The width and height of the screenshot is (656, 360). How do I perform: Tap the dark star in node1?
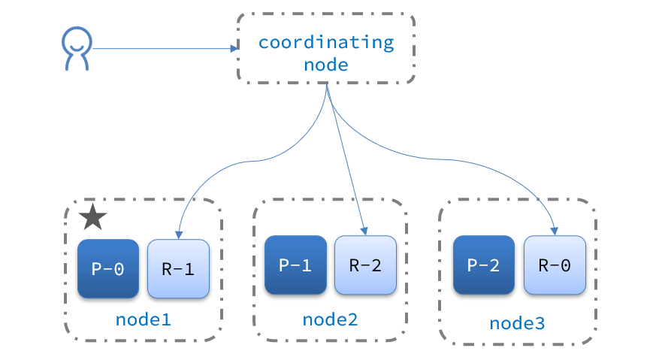[92, 218]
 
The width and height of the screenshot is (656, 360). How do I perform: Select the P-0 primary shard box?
[108, 268]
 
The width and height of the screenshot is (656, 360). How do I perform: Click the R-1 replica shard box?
[178, 268]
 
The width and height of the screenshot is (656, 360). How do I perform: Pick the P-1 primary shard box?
[295, 265]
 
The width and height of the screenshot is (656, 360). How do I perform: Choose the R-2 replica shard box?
[365, 265]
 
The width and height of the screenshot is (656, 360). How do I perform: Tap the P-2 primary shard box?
[484, 265]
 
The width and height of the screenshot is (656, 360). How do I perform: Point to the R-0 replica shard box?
[555, 265]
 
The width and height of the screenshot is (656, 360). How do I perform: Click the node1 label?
[144, 319]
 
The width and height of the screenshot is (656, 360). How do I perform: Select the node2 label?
[330, 319]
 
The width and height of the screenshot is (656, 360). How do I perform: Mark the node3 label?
[518, 323]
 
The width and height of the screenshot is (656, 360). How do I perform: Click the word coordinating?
[326, 42]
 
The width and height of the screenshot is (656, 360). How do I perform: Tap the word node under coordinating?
[326, 65]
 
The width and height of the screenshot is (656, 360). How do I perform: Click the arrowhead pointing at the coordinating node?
[234, 49]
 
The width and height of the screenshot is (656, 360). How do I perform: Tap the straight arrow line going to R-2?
[346, 158]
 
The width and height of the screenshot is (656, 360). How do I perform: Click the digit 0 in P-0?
[119, 269]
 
